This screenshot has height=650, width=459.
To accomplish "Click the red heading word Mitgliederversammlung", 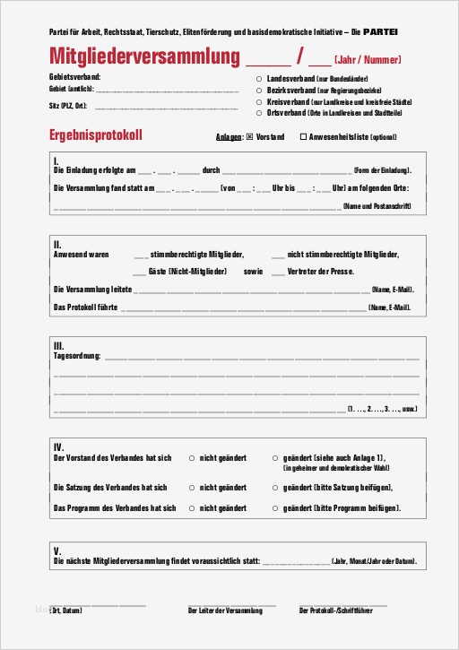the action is pyautogui.click(x=144, y=58).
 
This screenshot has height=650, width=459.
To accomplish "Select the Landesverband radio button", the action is pyautogui.click(x=259, y=80).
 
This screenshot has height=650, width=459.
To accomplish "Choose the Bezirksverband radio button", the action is pyautogui.click(x=259, y=91).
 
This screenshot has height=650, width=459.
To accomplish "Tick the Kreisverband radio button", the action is pyautogui.click(x=259, y=102).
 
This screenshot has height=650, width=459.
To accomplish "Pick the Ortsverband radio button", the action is pyautogui.click(x=259, y=113).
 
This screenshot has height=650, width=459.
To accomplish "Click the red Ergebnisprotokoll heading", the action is pyautogui.click(x=96, y=136).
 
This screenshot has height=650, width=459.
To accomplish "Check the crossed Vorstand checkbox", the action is pyautogui.click(x=249, y=137).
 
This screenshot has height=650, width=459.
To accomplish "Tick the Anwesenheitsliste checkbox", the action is pyautogui.click(x=302, y=137).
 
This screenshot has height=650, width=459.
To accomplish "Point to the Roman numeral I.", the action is pyautogui.click(x=56, y=160).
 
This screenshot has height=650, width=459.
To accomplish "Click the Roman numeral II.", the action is pyautogui.click(x=57, y=244).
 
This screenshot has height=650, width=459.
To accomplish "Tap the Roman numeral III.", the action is pyautogui.click(x=58, y=345).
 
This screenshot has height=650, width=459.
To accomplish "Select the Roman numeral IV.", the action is pyautogui.click(x=58, y=446).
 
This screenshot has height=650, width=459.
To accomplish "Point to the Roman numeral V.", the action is pyautogui.click(x=56, y=550).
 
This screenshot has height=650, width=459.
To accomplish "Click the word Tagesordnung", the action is pyautogui.click(x=77, y=356).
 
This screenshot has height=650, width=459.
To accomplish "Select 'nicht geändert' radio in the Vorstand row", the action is pyautogui.click(x=191, y=457).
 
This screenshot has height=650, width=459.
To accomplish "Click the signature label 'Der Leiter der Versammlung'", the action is pyautogui.click(x=225, y=611).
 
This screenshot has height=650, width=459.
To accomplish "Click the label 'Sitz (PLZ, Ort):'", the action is pyautogui.click(x=68, y=104).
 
